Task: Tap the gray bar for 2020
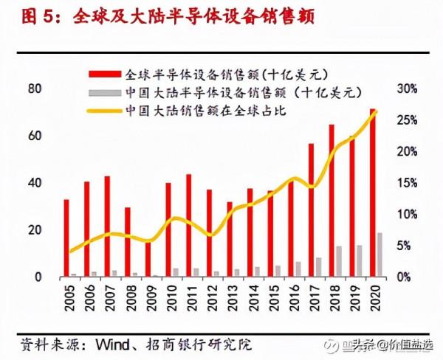380,255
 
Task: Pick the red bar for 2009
148,258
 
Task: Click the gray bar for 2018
339,262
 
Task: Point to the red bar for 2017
311,210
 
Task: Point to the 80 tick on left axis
33,89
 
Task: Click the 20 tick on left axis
33,230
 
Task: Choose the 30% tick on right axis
408,89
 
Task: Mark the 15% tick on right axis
408,183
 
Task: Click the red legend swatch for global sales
105,75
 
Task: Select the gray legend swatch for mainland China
105,92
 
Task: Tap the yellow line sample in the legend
105,111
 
